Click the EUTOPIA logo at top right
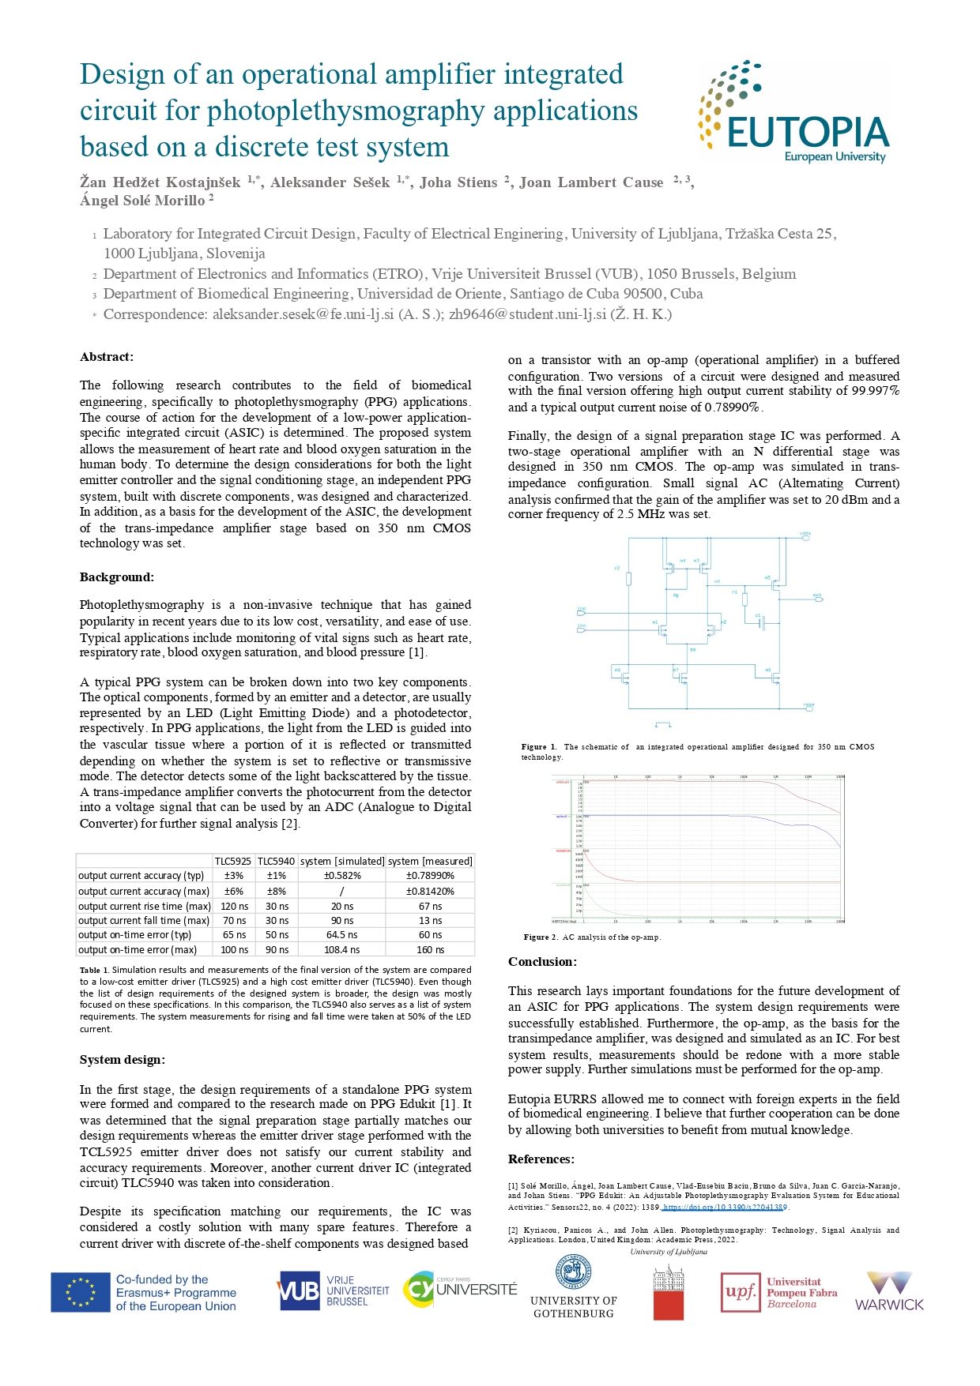(794, 113)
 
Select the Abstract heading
(107, 357)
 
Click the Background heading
(117, 577)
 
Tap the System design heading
(122, 1060)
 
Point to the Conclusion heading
(542, 962)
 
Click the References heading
(541, 1159)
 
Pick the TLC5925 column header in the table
(233, 861)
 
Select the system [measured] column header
(430, 861)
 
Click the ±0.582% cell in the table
(342, 876)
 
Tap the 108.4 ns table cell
(342, 950)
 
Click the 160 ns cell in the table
(430, 950)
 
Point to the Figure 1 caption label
(539, 747)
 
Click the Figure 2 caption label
(541, 937)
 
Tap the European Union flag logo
(81, 1293)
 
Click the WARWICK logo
(889, 1291)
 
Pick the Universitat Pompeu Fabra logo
(779, 1293)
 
